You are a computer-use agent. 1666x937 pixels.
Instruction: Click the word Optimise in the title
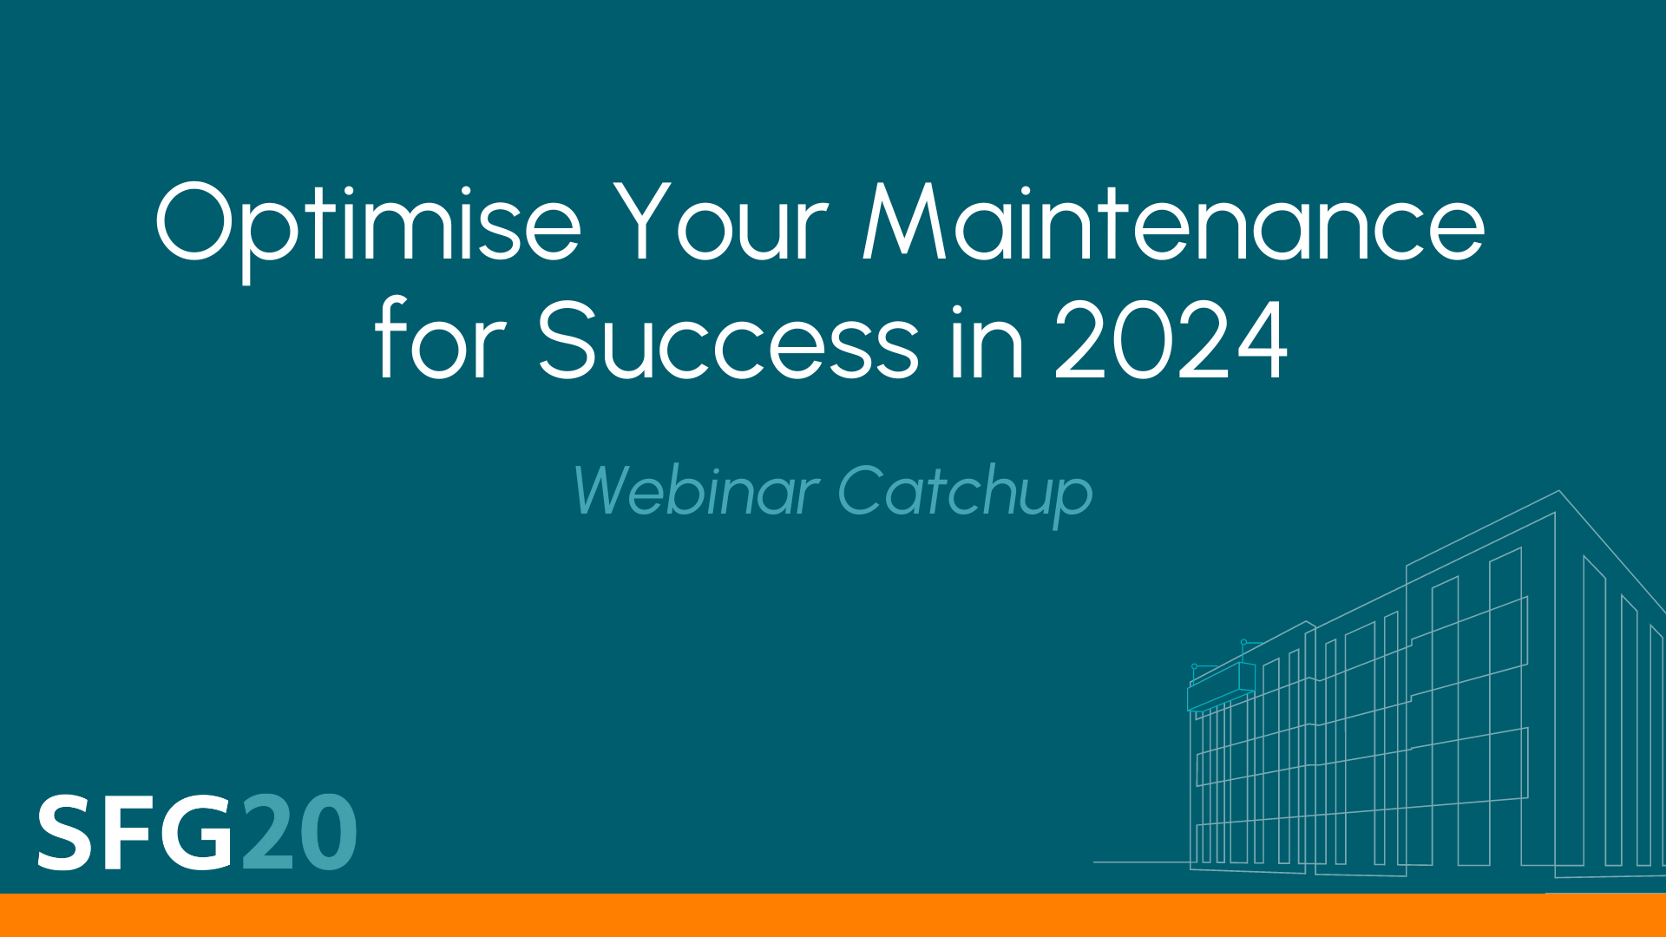[x=368, y=224]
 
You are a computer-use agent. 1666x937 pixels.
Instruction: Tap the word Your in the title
[x=724, y=224]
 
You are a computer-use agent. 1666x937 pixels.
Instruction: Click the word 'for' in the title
[x=440, y=340]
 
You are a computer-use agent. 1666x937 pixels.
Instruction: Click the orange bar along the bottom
[x=833, y=915]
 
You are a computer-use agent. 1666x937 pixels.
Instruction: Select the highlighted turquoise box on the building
[x=1221, y=687]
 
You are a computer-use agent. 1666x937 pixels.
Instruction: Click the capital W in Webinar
[x=607, y=491]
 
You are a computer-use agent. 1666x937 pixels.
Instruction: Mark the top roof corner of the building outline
[x=1559, y=492]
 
